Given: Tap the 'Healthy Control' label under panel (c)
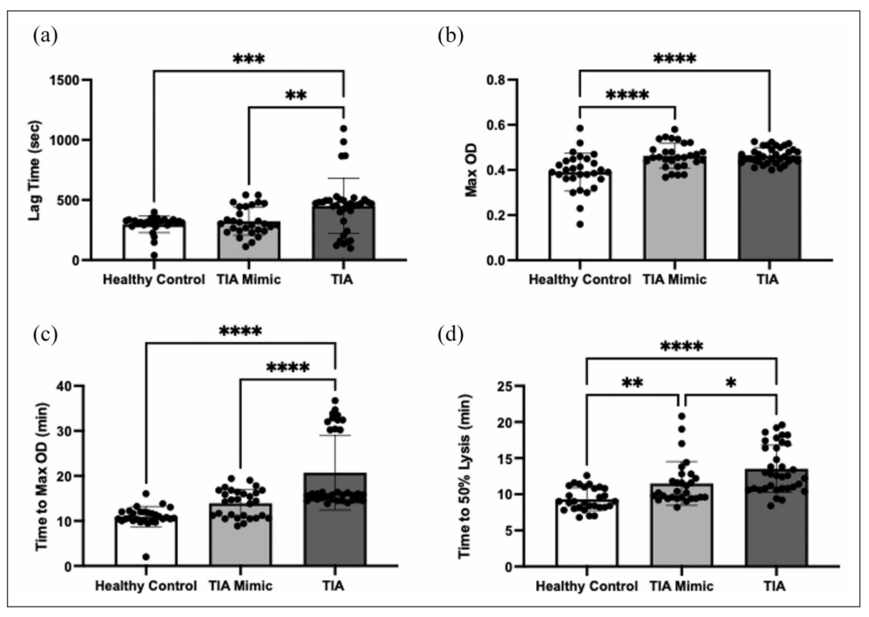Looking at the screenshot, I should [x=146, y=587].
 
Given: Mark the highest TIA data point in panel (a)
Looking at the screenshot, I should [x=343, y=129].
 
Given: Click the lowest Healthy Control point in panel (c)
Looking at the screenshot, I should [x=146, y=557].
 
